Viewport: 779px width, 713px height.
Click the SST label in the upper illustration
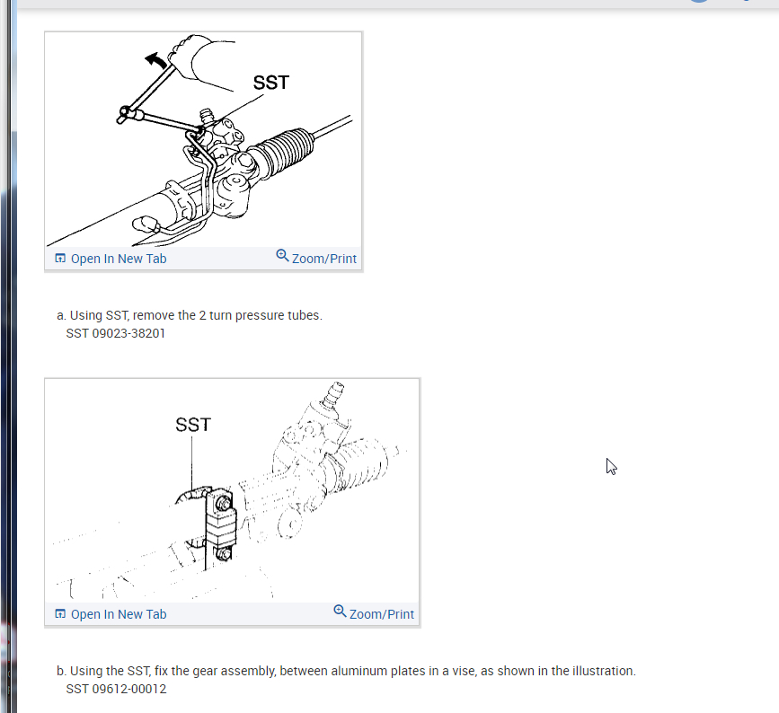click(270, 83)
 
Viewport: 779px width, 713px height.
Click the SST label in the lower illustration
click(193, 425)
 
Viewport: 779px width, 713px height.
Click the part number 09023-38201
click(128, 333)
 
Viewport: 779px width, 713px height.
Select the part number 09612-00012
click(129, 689)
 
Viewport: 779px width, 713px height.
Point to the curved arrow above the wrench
click(156, 60)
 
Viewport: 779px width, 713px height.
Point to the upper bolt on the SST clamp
click(224, 504)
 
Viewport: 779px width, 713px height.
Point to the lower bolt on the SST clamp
click(224, 553)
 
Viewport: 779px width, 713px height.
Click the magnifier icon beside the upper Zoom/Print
click(282, 256)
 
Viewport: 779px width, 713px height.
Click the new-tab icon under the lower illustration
click(60, 613)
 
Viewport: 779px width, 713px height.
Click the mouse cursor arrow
click(611, 467)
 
